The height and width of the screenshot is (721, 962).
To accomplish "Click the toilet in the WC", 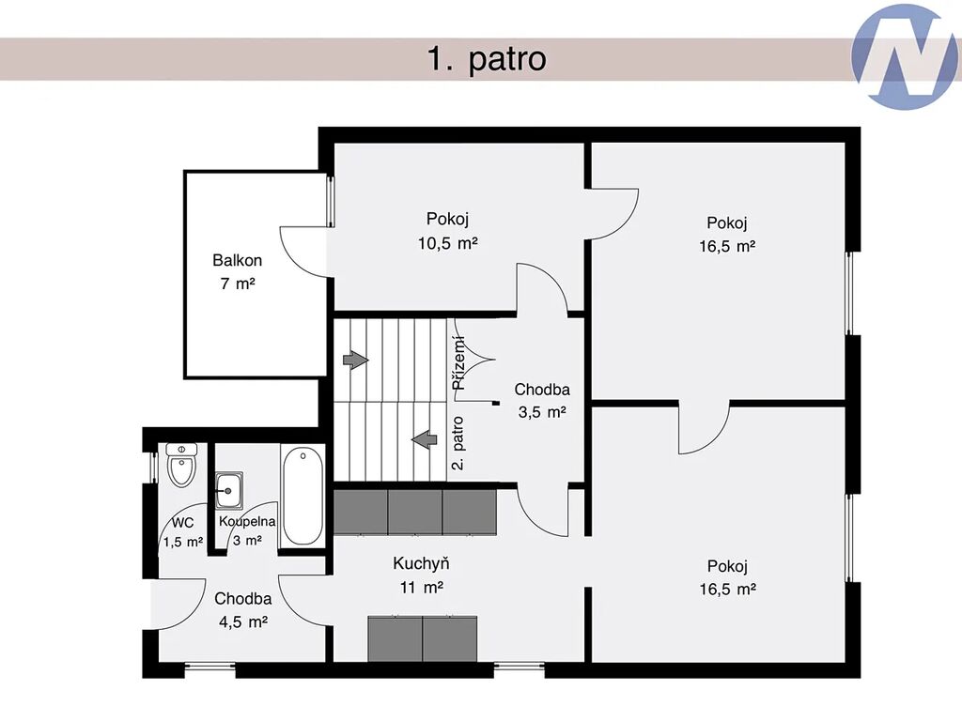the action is pyautogui.click(x=181, y=464).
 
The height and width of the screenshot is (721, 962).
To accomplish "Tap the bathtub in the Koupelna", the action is pyautogui.click(x=303, y=497).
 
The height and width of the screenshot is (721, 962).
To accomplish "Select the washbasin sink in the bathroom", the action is pyautogui.click(x=228, y=490).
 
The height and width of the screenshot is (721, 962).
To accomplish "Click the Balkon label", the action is pyautogui.click(x=238, y=261).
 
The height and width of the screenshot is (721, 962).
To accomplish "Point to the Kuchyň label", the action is pyautogui.click(x=421, y=563).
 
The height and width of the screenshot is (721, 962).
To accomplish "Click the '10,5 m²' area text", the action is pyautogui.click(x=448, y=243).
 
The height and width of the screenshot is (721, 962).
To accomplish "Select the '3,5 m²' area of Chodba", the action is pyautogui.click(x=542, y=412).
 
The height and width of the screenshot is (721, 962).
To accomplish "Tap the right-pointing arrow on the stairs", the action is pyautogui.click(x=356, y=360).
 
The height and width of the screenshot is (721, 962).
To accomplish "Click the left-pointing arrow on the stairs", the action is pyautogui.click(x=424, y=439).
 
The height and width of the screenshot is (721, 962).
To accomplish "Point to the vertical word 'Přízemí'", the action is pyautogui.click(x=458, y=363).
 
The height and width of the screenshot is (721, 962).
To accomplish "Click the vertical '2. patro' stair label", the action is pyautogui.click(x=458, y=443).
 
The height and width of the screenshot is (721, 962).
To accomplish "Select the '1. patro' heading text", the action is pyautogui.click(x=487, y=59).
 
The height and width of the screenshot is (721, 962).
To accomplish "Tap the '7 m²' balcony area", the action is pyautogui.click(x=238, y=284).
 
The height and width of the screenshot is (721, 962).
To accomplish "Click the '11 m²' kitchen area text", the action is pyautogui.click(x=422, y=588).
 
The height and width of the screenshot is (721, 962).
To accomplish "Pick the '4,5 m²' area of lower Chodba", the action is pyautogui.click(x=243, y=621).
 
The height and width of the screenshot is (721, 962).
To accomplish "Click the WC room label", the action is pyautogui.click(x=183, y=522).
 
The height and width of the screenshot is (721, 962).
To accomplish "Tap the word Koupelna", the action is pyautogui.click(x=247, y=522).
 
